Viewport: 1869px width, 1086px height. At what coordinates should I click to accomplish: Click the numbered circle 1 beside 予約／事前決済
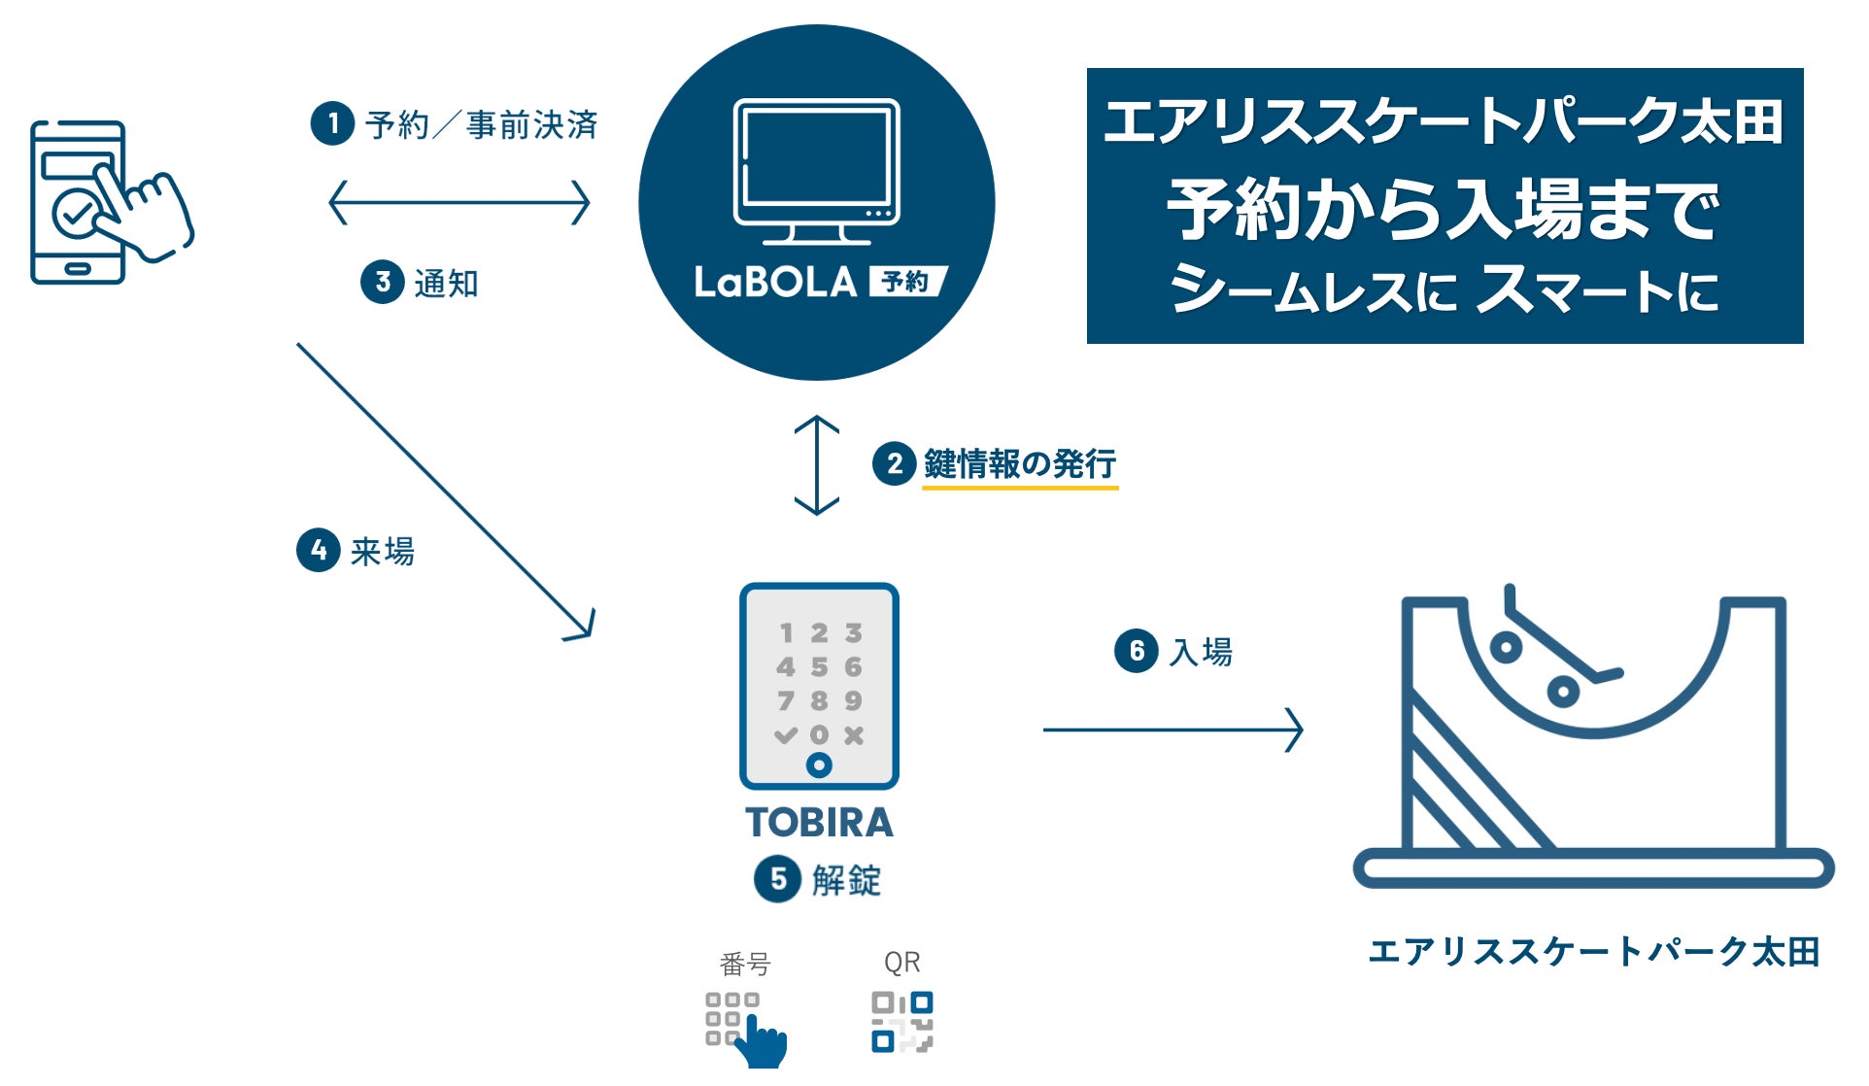click(332, 124)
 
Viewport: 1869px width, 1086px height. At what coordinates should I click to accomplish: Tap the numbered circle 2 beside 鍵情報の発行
click(894, 464)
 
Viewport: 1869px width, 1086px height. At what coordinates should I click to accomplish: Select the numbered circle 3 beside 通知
click(383, 283)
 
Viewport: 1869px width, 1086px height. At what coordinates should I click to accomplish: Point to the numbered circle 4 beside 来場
click(318, 551)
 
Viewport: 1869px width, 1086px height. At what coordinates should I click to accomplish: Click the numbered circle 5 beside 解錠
click(777, 879)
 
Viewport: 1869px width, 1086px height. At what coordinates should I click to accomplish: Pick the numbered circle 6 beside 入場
click(1136, 651)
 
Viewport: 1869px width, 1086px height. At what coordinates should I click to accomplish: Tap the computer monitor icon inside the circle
click(816, 171)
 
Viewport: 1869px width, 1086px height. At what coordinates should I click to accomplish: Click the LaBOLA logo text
click(775, 283)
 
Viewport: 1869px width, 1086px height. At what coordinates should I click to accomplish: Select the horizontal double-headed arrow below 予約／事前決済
click(459, 203)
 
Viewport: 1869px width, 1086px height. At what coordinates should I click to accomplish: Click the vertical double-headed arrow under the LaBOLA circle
click(816, 465)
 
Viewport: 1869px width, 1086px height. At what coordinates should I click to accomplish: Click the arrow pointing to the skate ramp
click(1172, 730)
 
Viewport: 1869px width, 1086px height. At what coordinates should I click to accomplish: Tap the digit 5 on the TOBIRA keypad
click(819, 667)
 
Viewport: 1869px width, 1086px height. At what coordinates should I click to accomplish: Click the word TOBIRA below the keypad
click(819, 823)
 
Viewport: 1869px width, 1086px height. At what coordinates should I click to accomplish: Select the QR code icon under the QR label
click(901, 1022)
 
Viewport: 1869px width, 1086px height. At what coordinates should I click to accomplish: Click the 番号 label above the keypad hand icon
click(745, 964)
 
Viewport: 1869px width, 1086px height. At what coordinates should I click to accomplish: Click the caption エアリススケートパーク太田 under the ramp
click(1593, 952)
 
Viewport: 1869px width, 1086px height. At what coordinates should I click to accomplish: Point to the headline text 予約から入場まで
click(1444, 209)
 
